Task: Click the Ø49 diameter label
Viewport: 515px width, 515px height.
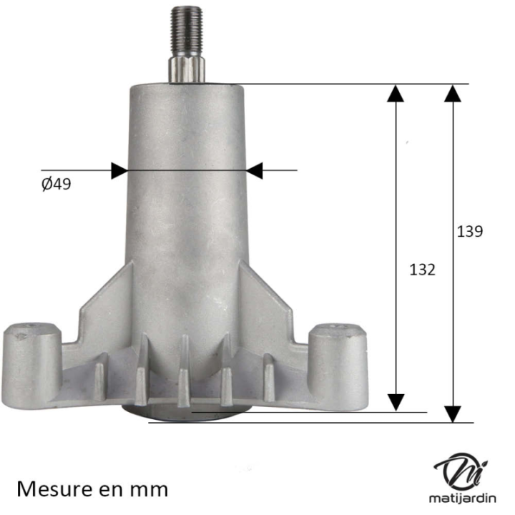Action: click(56, 185)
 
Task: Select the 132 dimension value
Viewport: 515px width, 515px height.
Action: click(422, 270)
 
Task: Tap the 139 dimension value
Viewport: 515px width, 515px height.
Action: click(470, 231)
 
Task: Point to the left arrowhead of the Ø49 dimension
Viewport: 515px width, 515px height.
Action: click(119, 170)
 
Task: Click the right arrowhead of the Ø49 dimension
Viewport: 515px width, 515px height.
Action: click(255, 170)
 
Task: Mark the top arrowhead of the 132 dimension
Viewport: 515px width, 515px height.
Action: click(396, 93)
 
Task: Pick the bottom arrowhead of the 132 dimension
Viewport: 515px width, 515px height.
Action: click(396, 402)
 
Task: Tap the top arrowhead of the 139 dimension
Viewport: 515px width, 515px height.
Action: click(453, 93)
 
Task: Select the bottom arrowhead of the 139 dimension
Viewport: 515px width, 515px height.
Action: click(453, 413)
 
